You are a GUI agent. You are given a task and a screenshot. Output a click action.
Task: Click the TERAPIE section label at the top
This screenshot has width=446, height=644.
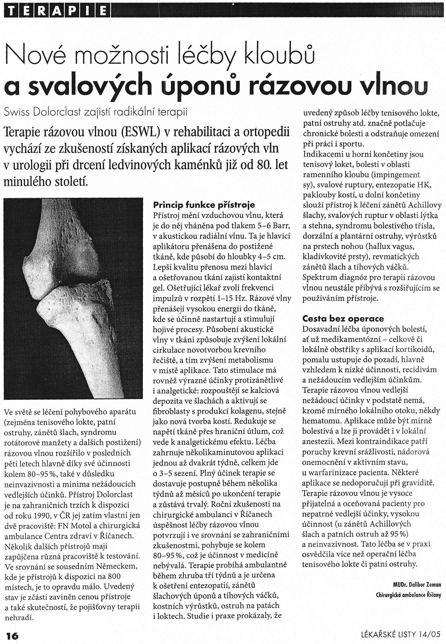pyautogui.click(x=57, y=11)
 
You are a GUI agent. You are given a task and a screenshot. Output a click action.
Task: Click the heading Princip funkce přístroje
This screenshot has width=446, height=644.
pyautogui.click(x=204, y=205)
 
